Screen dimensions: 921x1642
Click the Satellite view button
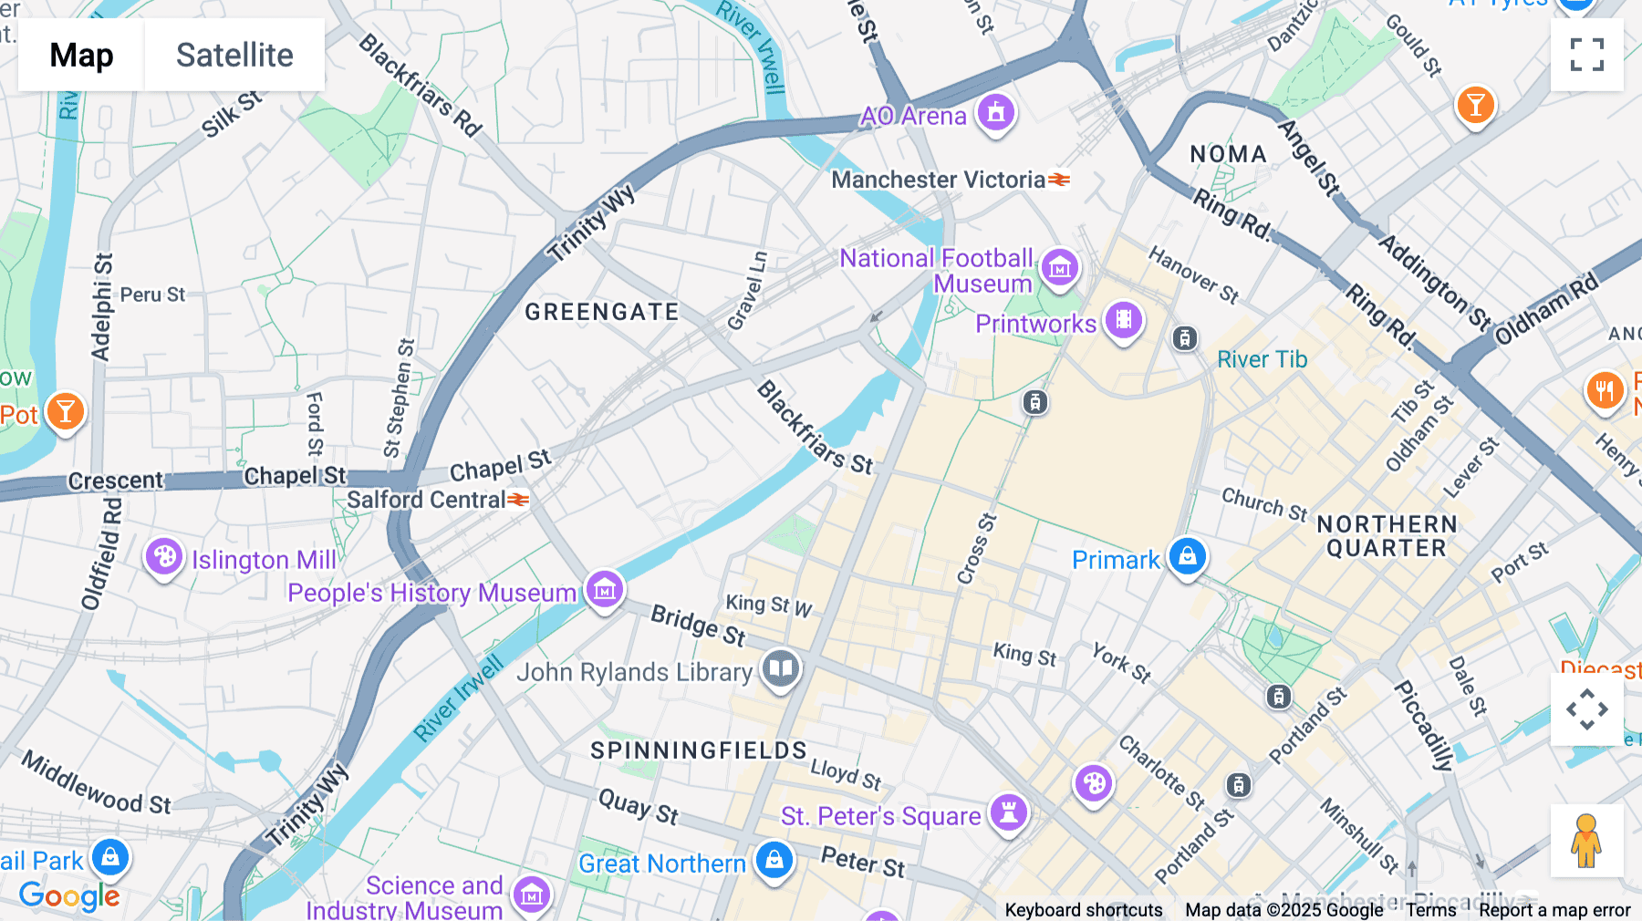tap(234, 55)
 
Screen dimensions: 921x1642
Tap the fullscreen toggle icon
tap(1586, 55)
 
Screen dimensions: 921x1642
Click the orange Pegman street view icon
tap(1586, 841)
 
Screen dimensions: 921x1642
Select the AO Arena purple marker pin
tap(995, 113)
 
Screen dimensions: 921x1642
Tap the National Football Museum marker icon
tap(1059, 268)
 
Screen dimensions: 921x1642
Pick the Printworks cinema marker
tap(1124, 320)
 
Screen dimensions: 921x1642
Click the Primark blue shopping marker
tap(1187, 555)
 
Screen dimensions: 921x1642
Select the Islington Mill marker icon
tap(164, 556)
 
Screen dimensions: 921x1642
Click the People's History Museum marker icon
tap(604, 590)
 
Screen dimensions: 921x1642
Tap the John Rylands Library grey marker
tap(780, 669)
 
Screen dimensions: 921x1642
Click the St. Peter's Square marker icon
tap(1008, 812)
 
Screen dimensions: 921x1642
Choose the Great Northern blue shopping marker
tap(774, 860)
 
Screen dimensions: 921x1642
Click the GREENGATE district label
tap(601, 312)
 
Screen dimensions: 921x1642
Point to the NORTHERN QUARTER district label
tap(1387, 536)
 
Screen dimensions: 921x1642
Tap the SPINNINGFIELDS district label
tap(698, 750)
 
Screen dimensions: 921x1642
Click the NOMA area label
tap(1228, 154)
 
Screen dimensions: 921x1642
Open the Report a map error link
tap(1554, 910)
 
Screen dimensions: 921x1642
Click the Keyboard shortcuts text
tap(1083, 910)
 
